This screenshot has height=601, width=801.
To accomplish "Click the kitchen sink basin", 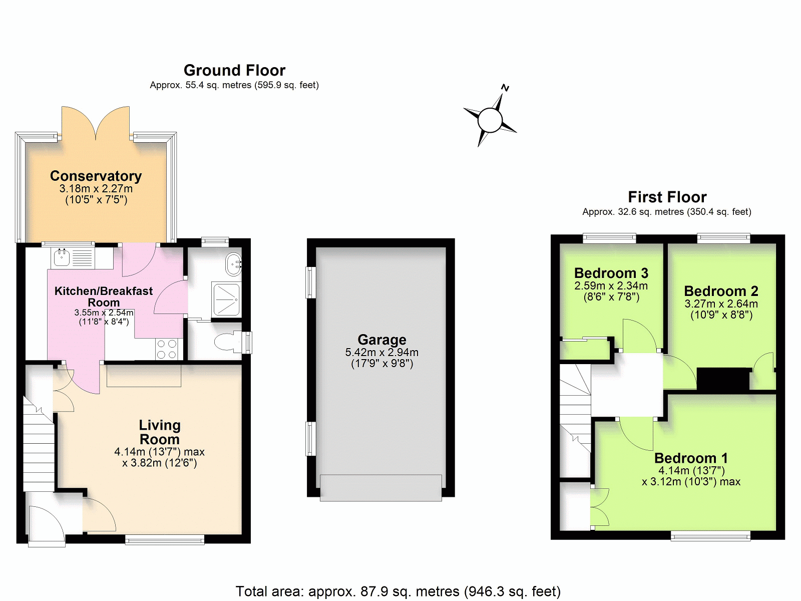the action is point(62,257).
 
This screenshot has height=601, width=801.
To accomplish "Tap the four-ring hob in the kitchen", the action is point(167,349).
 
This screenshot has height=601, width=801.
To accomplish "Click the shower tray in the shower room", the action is point(227,299).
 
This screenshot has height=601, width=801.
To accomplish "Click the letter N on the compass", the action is point(505,88).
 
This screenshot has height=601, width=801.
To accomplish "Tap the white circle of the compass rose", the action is point(490,120).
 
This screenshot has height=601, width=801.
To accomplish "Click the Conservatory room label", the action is point(96,176).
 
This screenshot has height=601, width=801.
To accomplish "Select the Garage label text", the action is point(381,340).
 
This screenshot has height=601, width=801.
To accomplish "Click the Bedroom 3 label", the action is point(611,273).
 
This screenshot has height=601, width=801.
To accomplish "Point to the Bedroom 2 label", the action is point(721,291).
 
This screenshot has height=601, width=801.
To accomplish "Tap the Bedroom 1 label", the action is point(691,458).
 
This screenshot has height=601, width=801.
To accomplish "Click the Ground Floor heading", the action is point(234,70).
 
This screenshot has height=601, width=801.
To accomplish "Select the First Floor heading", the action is point(667,197).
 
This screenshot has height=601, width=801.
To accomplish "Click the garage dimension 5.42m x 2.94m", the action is point(381,353).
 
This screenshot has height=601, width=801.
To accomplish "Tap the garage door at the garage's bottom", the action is point(381,488).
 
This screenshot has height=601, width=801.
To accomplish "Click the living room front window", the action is point(165,540).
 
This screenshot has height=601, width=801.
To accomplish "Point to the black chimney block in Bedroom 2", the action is point(723,380).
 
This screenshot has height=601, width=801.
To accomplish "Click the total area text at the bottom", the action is point(398,591).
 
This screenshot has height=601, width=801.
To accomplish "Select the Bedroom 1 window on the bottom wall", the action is point(710,536).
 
